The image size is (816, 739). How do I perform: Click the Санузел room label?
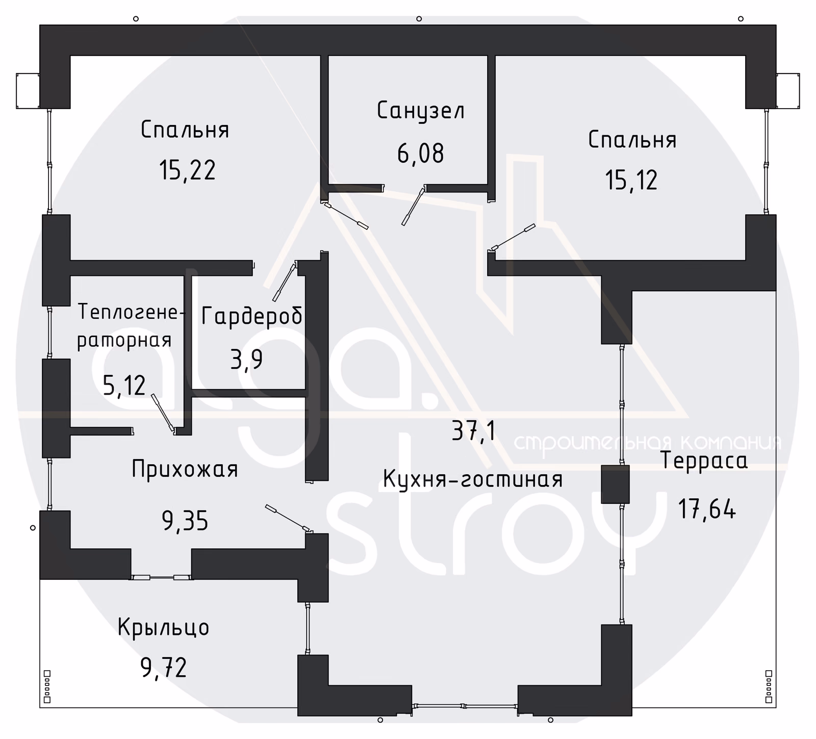click(421, 111)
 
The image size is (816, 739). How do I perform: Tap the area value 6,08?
click(421, 153)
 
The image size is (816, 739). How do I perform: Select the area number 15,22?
click(187, 170)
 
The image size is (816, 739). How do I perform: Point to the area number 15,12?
click(631, 180)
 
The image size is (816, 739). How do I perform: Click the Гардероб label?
click(252, 316)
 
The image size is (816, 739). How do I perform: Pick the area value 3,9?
click(247, 360)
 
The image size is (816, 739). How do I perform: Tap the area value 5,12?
click(124, 386)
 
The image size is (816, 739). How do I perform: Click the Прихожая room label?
click(185, 469)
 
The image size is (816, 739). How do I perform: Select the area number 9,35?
click(185, 521)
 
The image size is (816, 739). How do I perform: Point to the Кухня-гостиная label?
click(473, 479)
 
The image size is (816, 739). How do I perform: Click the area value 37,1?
click(474, 432)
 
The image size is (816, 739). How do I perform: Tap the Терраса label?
click(704, 461)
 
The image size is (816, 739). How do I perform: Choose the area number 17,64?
click(707, 508)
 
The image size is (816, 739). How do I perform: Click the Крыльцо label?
click(163, 627)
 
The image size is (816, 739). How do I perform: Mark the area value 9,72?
click(164, 668)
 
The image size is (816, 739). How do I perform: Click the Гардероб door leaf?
click(285, 282)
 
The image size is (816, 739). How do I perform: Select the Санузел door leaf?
click(413, 207)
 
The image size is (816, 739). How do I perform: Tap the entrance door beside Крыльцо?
click(161, 577)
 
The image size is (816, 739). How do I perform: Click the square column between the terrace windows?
click(615, 484)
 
